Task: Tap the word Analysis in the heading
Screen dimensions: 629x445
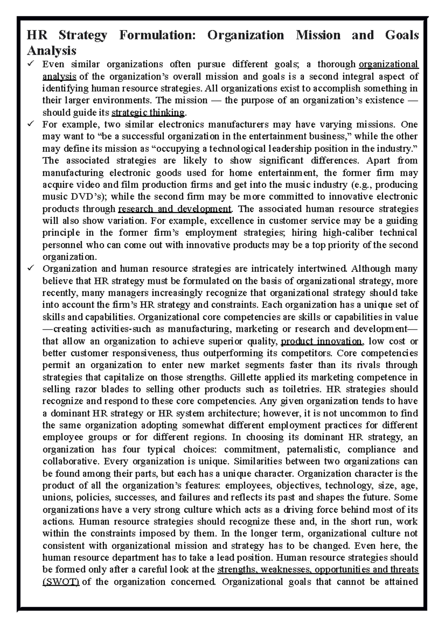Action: [x=52, y=50]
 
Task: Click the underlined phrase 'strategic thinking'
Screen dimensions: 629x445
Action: [x=148, y=113]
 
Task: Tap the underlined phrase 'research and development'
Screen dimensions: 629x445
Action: [x=174, y=209]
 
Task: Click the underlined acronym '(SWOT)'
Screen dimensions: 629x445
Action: [x=61, y=582]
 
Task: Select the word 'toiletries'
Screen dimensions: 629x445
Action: [x=300, y=389]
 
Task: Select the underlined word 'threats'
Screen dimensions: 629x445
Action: [x=404, y=570]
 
